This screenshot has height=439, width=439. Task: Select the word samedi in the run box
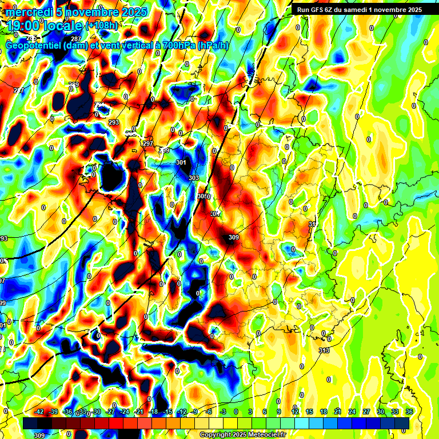[x=362, y=10]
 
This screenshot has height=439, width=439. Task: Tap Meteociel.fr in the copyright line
[x=263, y=435]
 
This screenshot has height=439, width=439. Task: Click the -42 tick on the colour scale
[x=39, y=412]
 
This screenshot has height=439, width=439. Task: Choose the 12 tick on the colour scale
[x=295, y=412]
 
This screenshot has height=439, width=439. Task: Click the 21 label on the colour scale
[x=338, y=412]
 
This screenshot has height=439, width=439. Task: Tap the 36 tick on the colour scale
[x=409, y=412]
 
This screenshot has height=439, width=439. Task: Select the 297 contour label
[x=149, y=143]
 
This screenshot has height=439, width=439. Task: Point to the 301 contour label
[x=182, y=163]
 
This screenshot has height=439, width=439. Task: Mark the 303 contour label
[x=194, y=178]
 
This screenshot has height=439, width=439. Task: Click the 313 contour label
[x=324, y=350]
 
